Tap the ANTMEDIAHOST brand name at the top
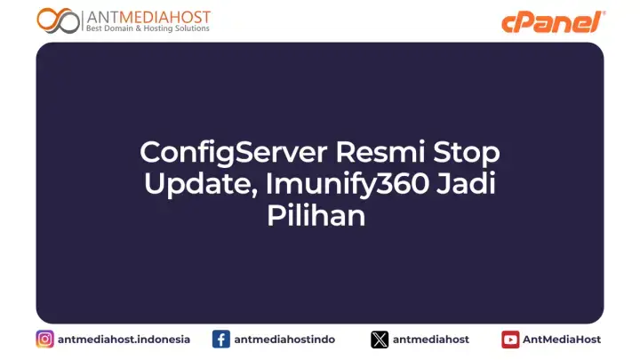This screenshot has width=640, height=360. click(148, 15)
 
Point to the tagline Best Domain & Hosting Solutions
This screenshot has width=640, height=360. click(148, 28)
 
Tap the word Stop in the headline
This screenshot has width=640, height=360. click(467, 152)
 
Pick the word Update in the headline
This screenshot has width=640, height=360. click(188, 184)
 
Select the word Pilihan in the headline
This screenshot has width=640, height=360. click(316, 215)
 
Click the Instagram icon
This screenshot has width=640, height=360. click(44, 339)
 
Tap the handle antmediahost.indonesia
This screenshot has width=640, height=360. click(124, 339)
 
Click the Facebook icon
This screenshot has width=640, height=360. click(221, 339)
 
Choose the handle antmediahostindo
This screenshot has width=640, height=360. click(284, 339)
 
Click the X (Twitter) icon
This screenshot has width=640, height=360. click(380, 339)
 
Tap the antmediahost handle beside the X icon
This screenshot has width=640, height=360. click(431, 339)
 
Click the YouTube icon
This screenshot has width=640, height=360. click(510, 339)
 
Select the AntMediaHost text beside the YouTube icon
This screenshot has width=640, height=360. click(562, 339)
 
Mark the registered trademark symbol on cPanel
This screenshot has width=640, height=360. click(604, 13)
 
